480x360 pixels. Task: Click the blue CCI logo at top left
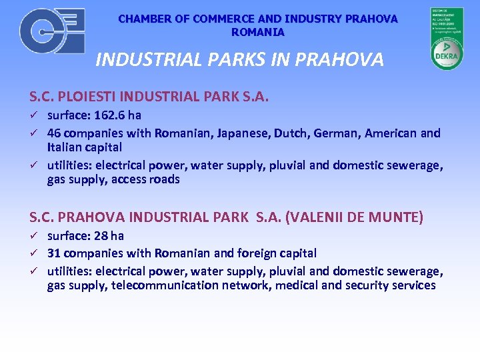click(x=52, y=31)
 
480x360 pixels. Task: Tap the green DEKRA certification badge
click(x=447, y=39)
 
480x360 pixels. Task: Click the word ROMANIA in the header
click(x=258, y=32)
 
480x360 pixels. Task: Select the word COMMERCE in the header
click(x=210, y=19)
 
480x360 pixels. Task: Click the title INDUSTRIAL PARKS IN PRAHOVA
click(x=239, y=60)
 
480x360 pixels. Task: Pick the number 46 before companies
click(x=54, y=133)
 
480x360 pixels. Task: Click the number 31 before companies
click(x=54, y=253)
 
